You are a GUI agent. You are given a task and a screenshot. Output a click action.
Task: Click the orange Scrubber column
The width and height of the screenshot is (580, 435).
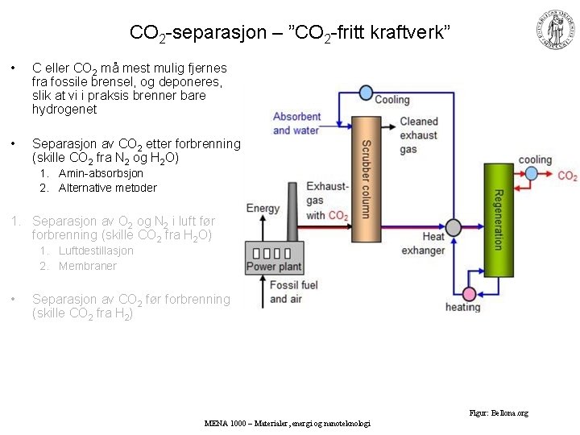coord(366,179)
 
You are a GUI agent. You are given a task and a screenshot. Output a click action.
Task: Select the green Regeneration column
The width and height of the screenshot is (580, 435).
coord(498,219)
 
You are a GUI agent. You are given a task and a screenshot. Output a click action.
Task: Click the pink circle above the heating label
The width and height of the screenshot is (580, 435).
coord(469,292)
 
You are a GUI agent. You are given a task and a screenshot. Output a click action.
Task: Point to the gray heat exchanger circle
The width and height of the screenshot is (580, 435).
coord(454,228)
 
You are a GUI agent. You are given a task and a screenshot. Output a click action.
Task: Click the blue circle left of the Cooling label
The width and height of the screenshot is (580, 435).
coord(366,93)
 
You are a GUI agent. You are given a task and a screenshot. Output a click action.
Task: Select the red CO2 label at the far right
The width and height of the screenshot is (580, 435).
coord(567,176)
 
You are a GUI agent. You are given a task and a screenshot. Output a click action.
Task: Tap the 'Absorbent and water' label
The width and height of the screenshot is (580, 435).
coord(296,123)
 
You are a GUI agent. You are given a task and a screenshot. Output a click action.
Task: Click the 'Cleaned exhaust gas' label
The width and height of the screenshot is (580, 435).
coord(419,135)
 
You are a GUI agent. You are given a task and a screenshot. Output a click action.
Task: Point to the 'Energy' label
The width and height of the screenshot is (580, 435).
coord(263,209)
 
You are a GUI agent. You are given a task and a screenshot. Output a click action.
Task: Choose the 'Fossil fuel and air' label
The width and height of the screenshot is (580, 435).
coord(294,292)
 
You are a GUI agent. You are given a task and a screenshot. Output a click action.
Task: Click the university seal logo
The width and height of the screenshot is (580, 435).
coord(555,30)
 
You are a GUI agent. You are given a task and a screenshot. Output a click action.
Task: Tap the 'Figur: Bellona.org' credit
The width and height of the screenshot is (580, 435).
coord(499,413)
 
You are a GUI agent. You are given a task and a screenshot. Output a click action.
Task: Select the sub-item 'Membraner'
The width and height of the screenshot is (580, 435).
coord(88,266)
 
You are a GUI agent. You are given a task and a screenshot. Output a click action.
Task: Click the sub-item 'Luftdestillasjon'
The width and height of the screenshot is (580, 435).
coord(96,251)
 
